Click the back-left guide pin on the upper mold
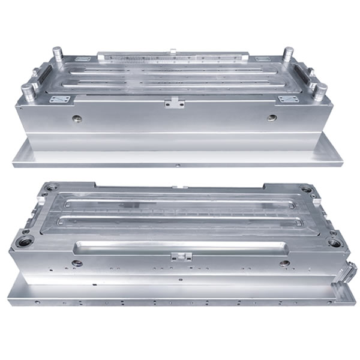click(x=58, y=53)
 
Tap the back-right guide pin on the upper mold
click(x=289, y=53)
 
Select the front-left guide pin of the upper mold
click(x=28, y=91)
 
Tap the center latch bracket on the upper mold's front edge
click(x=175, y=103)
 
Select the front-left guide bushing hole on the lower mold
click(x=26, y=242)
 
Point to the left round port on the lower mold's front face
click(x=77, y=263)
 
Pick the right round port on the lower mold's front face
click(x=284, y=263)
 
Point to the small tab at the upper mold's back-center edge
click(x=172, y=50)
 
